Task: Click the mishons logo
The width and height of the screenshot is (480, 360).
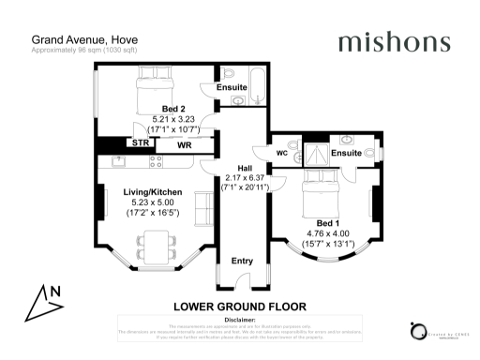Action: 394,42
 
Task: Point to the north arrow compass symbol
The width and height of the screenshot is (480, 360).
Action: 44,298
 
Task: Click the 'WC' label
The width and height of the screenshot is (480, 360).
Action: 281,153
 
